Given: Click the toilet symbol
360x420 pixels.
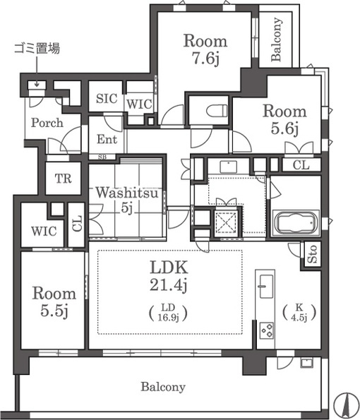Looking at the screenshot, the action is (x=217, y=111).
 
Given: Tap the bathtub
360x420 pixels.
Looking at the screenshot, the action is (x=296, y=223).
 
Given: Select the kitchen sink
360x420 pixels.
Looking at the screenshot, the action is (x=266, y=287).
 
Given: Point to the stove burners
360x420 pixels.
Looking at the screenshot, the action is (x=267, y=330).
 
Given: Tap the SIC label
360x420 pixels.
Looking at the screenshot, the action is (x=107, y=99).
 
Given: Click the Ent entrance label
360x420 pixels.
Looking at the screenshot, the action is (x=107, y=140).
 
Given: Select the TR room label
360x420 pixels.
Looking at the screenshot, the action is (x=64, y=179).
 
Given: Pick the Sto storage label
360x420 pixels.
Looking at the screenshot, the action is (x=312, y=254).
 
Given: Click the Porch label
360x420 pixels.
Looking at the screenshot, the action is (x=47, y=123).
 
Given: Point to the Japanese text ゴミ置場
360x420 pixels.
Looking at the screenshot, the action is (x=37, y=49).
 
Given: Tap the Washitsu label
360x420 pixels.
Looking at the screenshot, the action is (x=126, y=193).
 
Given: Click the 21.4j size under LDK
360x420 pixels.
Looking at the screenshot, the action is (x=168, y=285).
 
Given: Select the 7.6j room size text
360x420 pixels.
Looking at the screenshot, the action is (x=205, y=58).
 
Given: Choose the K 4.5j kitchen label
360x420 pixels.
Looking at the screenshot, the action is (x=299, y=312).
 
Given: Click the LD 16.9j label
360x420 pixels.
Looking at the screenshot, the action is (x=168, y=312).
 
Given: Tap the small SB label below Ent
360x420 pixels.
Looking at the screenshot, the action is (x=102, y=157).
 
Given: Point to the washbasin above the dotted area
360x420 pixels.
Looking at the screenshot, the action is (x=228, y=167).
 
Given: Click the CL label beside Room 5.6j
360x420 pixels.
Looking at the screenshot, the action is (x=301, y=165).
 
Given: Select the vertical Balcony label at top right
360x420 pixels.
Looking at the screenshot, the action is (x=276, y=40).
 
